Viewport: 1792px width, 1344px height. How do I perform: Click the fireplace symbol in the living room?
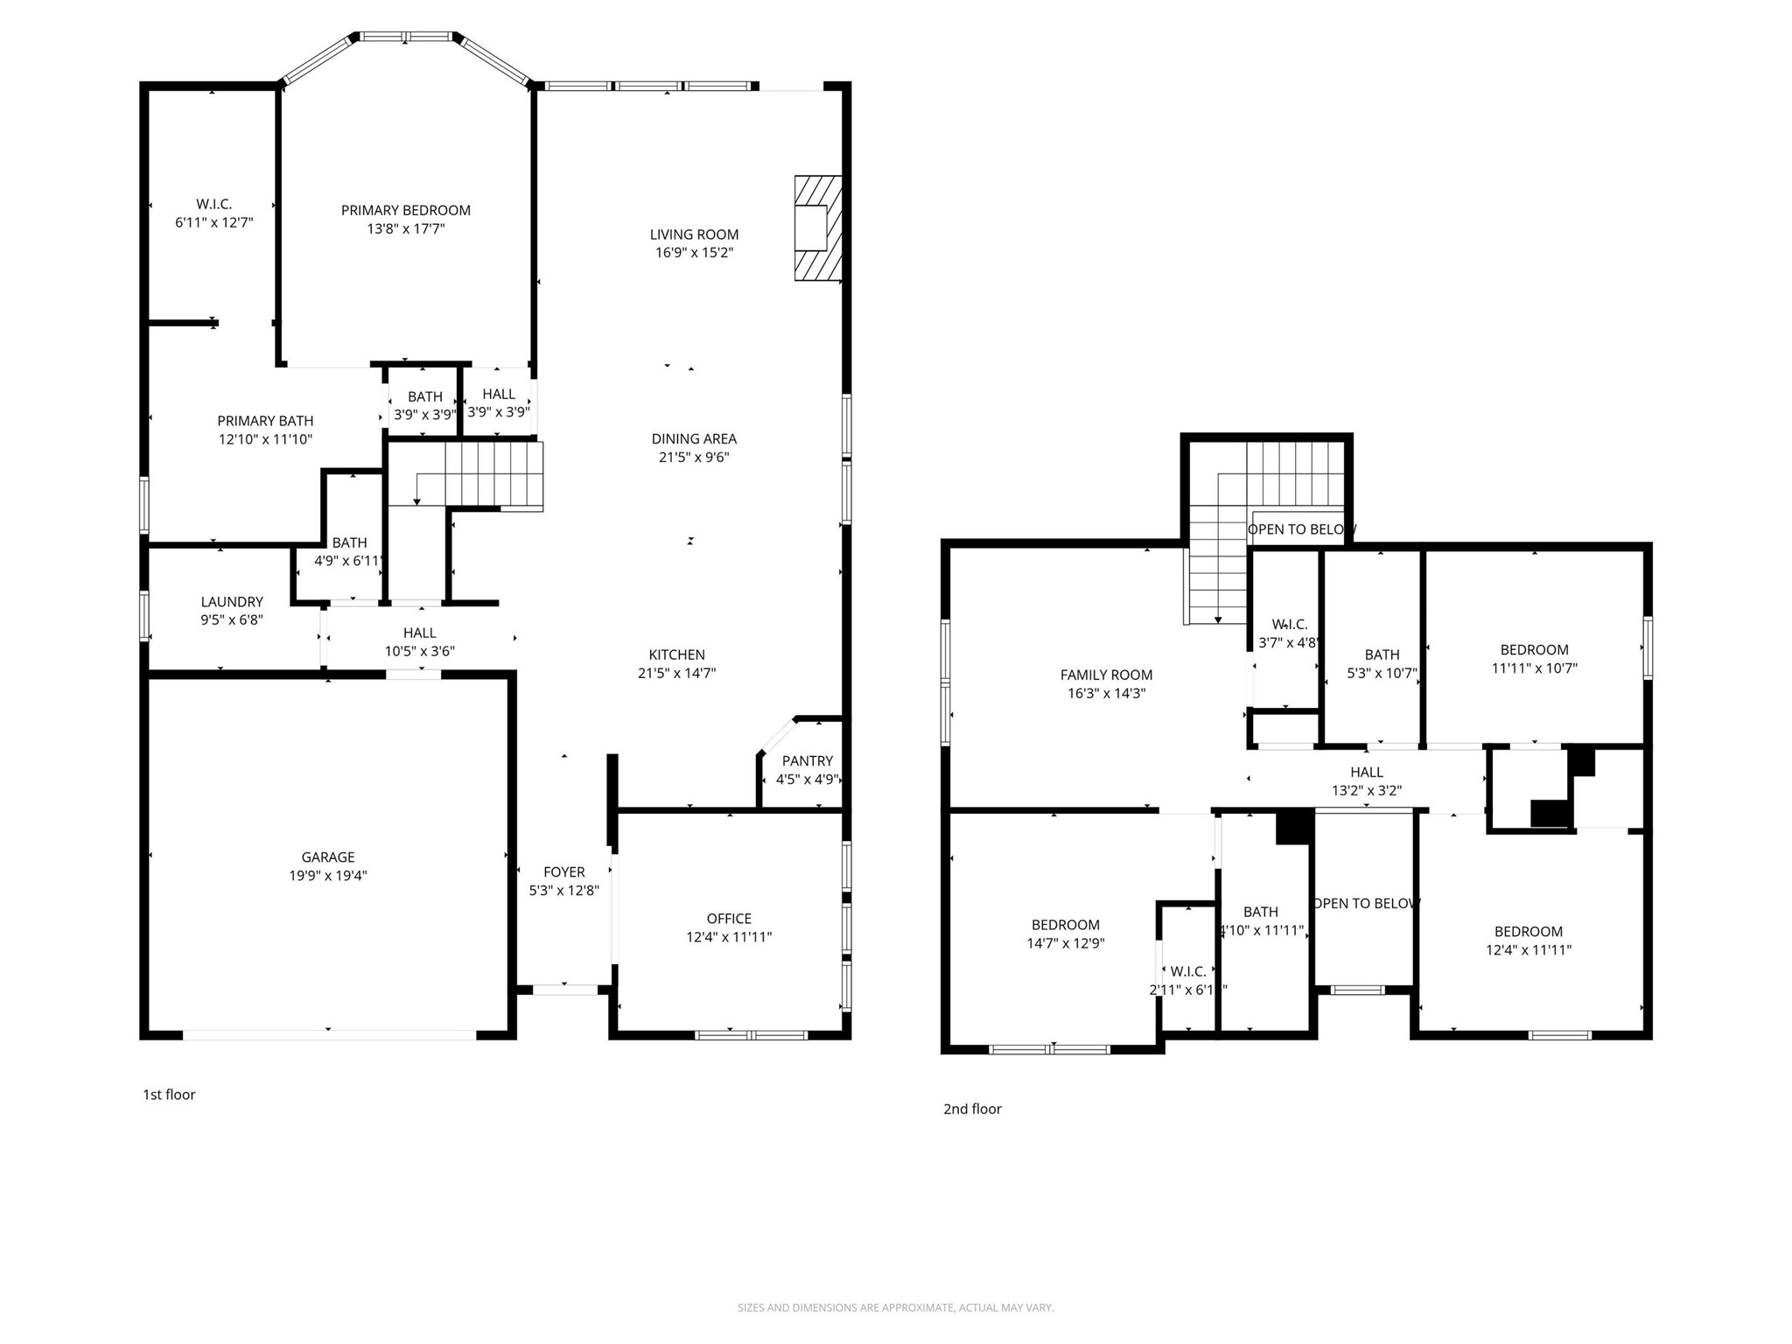tap(817, 228)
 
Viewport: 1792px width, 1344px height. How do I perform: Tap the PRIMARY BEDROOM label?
tap(405, 210)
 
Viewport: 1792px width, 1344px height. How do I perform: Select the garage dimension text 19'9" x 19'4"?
tap(328, 876)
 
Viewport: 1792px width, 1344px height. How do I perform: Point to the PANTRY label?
tap(807, 760)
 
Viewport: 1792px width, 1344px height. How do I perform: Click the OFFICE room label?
tap(729, 918)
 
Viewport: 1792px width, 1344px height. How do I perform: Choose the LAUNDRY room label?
tap(232, 601)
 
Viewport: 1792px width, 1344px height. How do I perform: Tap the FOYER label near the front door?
tap(563, 871)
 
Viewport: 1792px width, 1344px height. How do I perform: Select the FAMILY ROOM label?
tap(1106, 675)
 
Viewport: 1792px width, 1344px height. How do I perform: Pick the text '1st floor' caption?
tap(169, 1095)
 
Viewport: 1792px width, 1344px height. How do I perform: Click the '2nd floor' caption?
tap(972, 1109)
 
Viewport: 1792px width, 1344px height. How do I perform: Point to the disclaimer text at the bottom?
tap(895, 1307)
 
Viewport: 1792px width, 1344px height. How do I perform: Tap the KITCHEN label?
tap(676, 654)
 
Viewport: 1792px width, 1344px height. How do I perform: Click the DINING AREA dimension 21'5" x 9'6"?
tap(694, 457)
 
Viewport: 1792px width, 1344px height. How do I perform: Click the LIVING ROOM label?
tap(694, 234)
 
